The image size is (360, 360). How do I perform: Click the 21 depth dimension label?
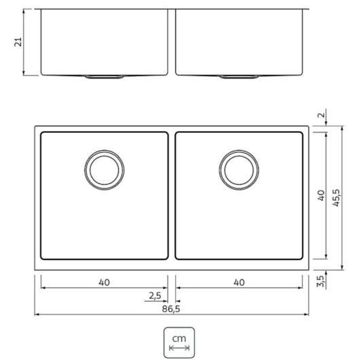coord(19,42)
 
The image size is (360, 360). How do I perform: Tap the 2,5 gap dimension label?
coord(155,295)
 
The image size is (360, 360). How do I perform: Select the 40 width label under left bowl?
coord(104,282)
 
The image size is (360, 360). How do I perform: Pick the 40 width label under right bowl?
coord(238,282)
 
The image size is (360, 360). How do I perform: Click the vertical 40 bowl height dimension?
coord(321,196)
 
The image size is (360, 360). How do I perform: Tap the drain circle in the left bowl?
coord(104,169)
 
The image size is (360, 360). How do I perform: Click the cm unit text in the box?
coord(179,338)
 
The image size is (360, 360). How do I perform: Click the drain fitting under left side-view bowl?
coord(104,77)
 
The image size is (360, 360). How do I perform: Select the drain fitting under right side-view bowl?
coord(238,77)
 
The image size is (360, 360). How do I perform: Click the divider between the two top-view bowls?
coord(171,196)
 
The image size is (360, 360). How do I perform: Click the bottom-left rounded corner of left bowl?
coord(43,256)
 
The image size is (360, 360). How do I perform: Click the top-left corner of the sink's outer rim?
coord(35,126)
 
